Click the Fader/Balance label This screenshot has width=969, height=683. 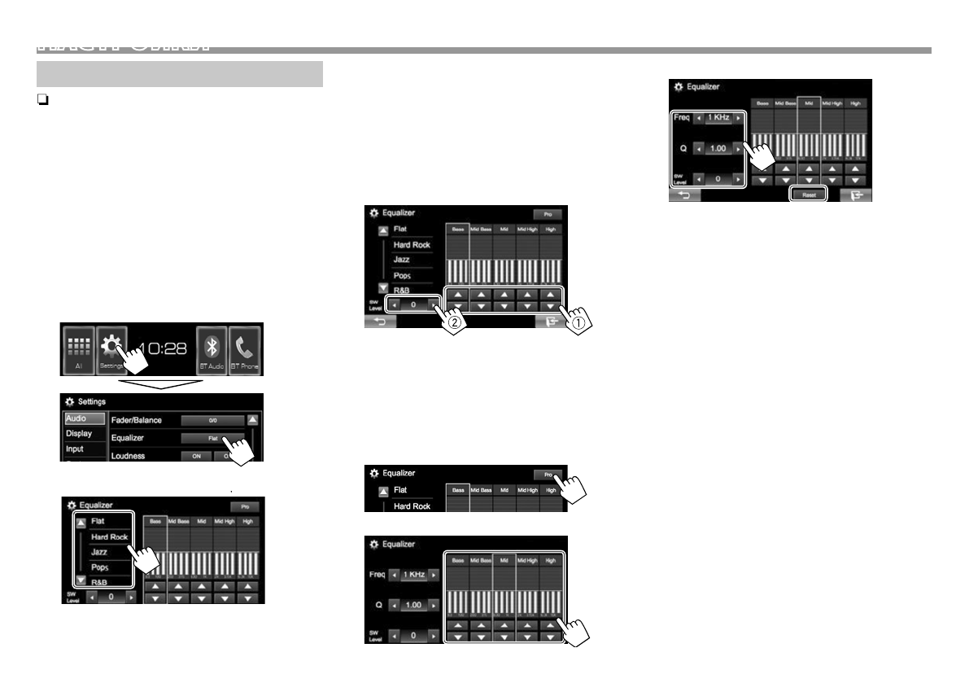click(137, 420)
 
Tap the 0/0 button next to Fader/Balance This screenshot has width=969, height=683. click(212, 421)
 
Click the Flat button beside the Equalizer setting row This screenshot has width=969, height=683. click(212, 438)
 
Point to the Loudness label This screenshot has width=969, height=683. click(129, 456)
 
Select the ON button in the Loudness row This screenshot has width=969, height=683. click(196, 456)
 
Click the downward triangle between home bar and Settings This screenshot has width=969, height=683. click(162, 383)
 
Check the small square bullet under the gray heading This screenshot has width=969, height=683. click(41, 100)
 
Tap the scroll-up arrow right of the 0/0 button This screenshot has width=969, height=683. click(252, 421)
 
